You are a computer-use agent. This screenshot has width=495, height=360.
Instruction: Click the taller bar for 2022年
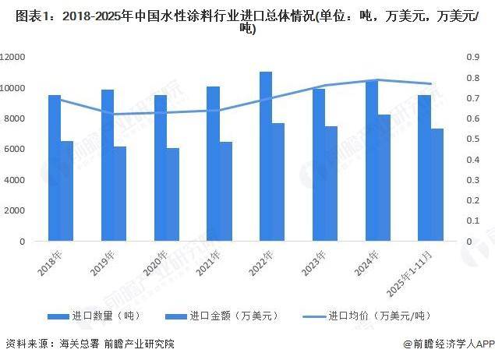click(266, 156)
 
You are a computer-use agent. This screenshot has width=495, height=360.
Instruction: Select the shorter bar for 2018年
click(67, 191)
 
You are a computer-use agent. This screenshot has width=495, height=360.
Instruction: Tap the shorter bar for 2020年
click(173, 195)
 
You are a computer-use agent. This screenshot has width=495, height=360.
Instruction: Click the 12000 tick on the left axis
click(15, 57)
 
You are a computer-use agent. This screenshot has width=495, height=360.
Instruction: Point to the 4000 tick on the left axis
click(17, 180)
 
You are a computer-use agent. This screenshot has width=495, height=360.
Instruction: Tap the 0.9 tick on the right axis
click(473, 57)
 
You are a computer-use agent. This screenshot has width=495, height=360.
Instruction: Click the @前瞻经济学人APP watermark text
click(444, 344)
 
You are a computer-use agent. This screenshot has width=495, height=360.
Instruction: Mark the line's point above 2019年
click(114, 114)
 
